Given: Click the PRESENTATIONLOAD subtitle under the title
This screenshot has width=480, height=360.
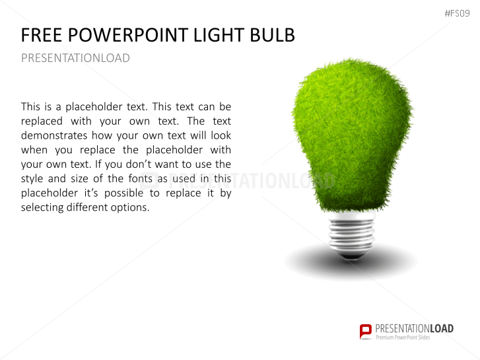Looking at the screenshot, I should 75,58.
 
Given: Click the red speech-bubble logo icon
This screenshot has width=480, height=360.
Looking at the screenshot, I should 366,331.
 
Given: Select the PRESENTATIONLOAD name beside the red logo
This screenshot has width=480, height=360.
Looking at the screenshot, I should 415,328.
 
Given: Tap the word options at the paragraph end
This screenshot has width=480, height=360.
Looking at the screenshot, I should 132,207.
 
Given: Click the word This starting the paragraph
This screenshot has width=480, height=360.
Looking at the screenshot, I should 31,106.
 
